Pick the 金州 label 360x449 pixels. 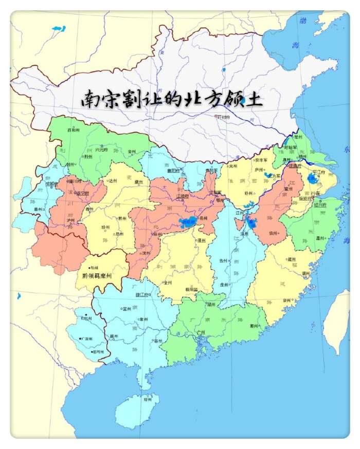tap(131, 152)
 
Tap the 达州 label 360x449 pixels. tap(112, 181)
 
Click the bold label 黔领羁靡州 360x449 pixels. tap(100, 275)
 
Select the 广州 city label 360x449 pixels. tap(201, 333)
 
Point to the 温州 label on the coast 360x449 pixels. tap(320, 238)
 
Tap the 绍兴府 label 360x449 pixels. tap(322, 204)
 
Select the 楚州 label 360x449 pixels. tap(299, 137)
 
